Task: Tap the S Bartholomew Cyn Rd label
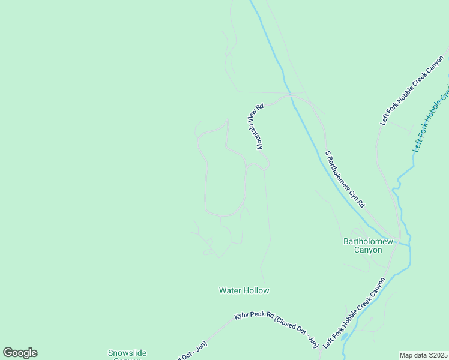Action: [345, 179]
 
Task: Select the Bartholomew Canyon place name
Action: [367, 245]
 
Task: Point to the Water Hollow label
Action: [244, 290]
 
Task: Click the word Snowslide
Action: [127, 353]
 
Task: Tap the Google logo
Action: [20, 353]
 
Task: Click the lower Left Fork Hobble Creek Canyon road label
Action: [354, 313]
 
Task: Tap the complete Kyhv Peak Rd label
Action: [276, 329]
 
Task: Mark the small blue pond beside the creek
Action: [344, 337]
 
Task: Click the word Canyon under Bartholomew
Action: [367, 250]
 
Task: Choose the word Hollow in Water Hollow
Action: [256, 290]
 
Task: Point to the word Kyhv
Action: [242, 317]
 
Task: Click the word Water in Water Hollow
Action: [230, 290]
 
